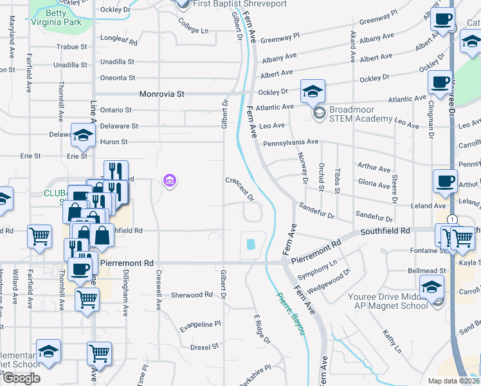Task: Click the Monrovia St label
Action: coord(162,94)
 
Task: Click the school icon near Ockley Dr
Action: coord(313,91)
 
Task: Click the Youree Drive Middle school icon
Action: coord(431,287)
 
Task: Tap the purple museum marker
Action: coord(170,181)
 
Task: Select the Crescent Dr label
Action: coord(239,188)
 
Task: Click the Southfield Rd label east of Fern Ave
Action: coord(385,230)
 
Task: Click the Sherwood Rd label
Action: coord(192,295)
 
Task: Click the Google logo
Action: coord(21,378)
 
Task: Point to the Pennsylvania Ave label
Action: coord(291,142)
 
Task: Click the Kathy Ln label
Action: coord(392,342)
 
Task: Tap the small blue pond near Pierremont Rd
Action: coord(250,244)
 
